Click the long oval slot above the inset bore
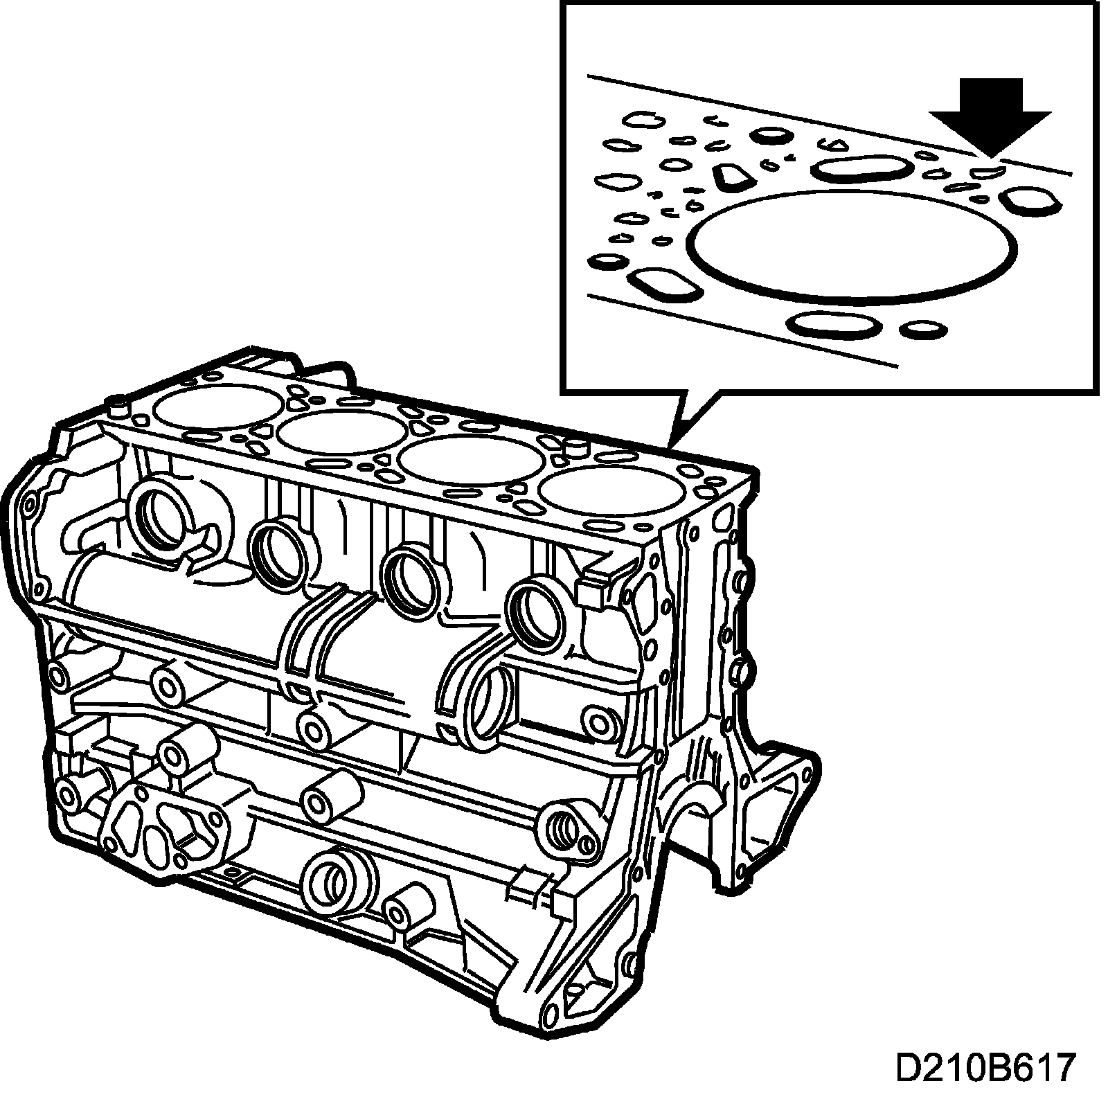pos(861,168)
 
